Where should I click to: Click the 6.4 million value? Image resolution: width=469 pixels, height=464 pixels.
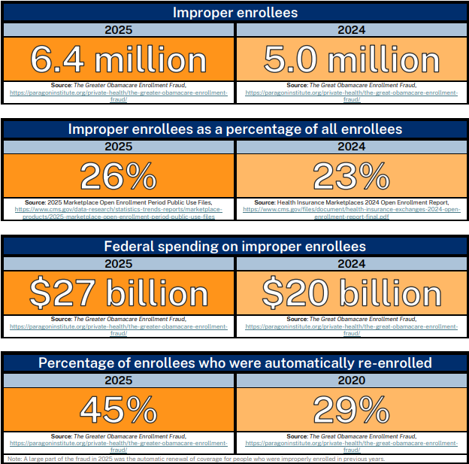pyautogui.click(x=119, y=59)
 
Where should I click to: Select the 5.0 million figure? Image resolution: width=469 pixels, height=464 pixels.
pyautogui.click(x=352, y=59)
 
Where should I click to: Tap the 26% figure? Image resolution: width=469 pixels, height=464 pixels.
pyautogui.click(x=119, y=176)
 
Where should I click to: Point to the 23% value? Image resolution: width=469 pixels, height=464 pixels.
pyautogui.click(x=352, y=176)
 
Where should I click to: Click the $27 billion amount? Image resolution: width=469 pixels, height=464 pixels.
pyautogui.click(x=119, y=293)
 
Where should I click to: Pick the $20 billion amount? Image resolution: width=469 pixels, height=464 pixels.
pyautogui.click(x=352, y=293)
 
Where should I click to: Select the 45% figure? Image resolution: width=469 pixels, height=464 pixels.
pyautogui.click(x=119, y=410)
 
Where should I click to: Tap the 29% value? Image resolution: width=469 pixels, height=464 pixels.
pyautogui.click(x=352, y=410)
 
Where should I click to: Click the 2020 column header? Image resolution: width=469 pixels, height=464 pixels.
pyautogui.click(x=352, y=381)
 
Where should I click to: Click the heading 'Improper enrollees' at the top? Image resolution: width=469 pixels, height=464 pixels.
pyautogui.click(x=235, y=13)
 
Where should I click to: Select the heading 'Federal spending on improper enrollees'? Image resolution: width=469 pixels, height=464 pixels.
pyautogui.click(x=234, y=247)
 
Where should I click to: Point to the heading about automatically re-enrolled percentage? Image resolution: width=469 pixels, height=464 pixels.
pyautogui.click(x=235, y=362)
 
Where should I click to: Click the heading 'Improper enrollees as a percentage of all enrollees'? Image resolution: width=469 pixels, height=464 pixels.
pyautogui.click(x=235, y=129)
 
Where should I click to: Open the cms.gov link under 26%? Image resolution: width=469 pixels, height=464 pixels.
pyautogui.click(x=119, y=213)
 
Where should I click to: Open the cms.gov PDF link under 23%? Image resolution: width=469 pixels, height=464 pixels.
pyautogui.click(x=352, y=213)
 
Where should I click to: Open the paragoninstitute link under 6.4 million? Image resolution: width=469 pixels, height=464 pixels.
pyautogui.click(x=119, y=96)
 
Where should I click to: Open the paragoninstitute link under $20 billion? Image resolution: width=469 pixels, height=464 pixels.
pyautogui.click(x=352, y=329)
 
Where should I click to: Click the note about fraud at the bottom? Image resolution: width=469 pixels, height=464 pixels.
pyautogui.click(x=196, y=459)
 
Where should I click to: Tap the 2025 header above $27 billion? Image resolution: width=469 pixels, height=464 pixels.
pyautogui.click(x=119, y=264)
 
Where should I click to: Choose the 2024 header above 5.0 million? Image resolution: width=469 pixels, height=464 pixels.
pyautogui.click(x=352, y=30)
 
